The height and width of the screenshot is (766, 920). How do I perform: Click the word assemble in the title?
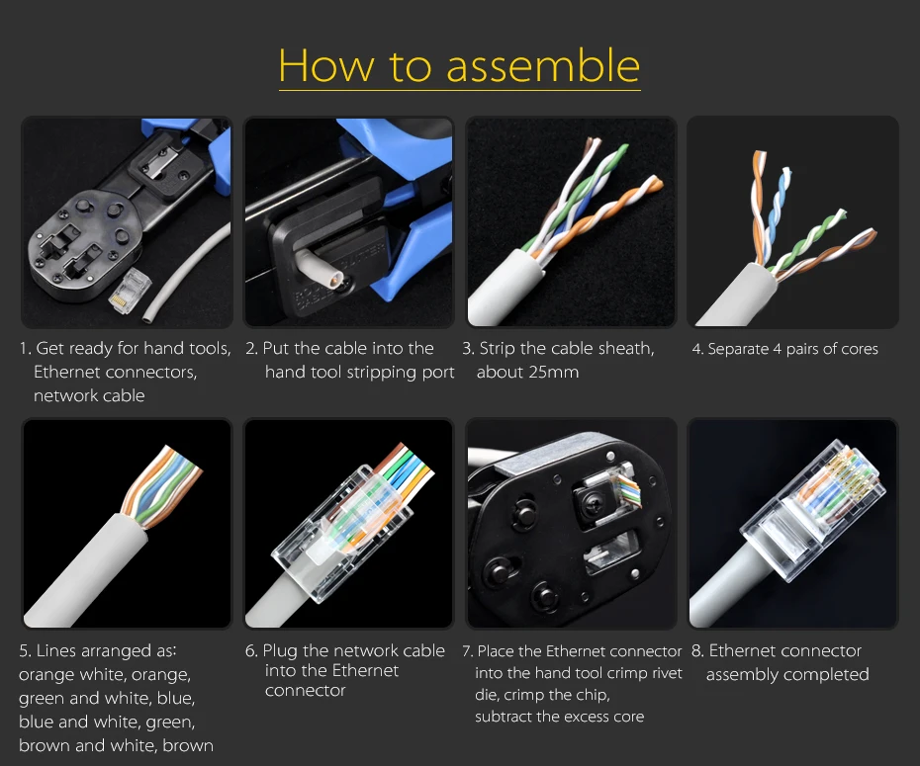point(543,65)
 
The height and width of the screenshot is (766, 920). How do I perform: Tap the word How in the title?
point(325,65)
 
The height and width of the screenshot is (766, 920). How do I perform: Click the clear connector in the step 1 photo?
point(130,291)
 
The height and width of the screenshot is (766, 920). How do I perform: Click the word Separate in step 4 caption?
point(738,349)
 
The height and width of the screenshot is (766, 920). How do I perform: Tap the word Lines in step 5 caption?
point(56,650)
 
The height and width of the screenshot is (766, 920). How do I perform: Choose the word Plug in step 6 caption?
point(281,650)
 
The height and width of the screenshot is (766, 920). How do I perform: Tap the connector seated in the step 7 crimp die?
point(623,488)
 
